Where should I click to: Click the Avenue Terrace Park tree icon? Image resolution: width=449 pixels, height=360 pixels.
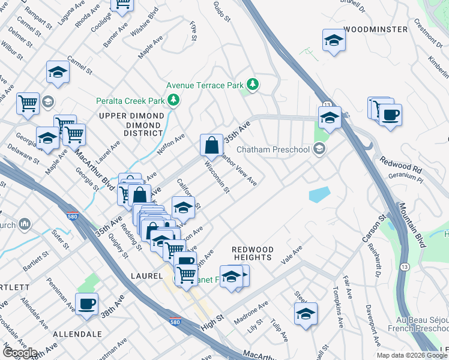tap(253, 85)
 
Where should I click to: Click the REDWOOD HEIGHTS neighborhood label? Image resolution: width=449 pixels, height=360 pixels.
tap(253, 253)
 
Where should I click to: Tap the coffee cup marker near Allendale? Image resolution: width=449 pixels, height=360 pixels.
tap(87, 303)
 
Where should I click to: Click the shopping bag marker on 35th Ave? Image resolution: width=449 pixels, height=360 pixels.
tap(211, 145)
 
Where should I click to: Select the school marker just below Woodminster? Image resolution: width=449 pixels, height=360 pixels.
tap(334, 41)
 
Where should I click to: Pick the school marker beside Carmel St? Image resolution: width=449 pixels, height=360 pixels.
tap(58, 72)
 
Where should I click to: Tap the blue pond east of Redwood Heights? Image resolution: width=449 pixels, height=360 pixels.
tap(319, 194)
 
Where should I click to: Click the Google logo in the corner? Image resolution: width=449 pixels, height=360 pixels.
tap(20, 353)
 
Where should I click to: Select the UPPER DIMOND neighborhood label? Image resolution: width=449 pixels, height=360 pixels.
tap(131, 116)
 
